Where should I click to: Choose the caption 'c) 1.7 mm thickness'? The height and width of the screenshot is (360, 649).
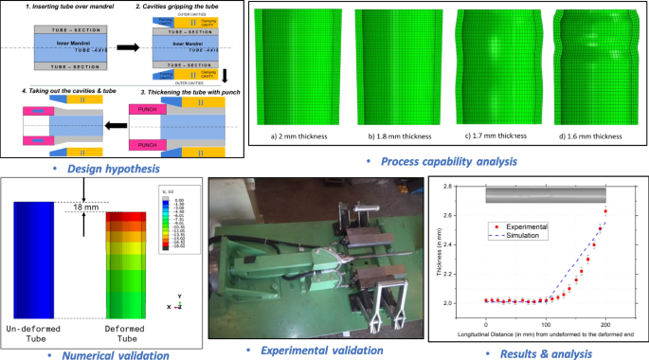click(490, 136)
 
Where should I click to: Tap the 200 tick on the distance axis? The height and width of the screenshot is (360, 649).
click(604, 328)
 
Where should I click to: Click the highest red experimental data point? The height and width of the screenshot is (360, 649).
click(604, 211)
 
